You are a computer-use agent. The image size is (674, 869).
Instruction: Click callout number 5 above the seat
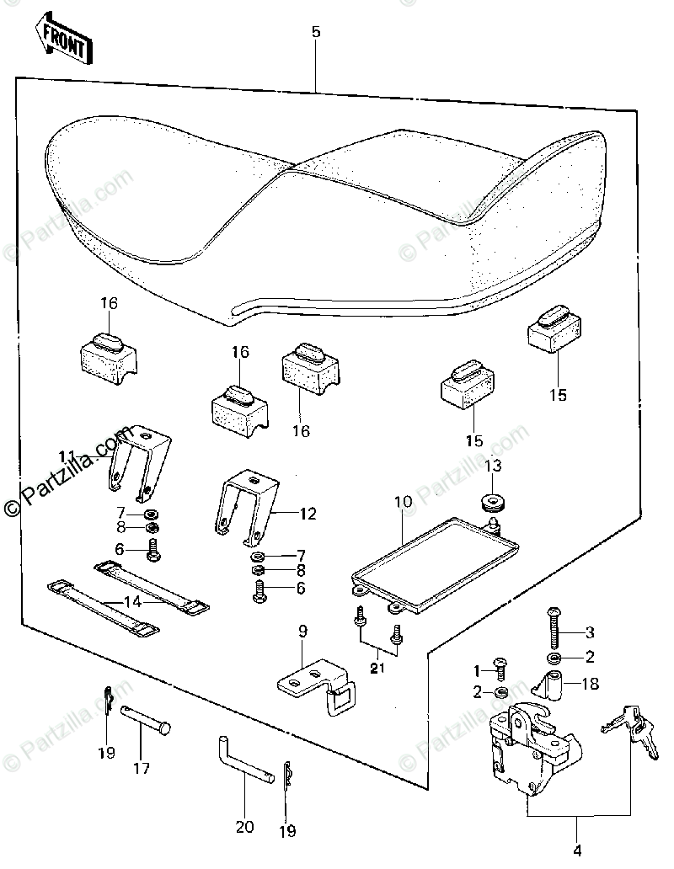point(316,33)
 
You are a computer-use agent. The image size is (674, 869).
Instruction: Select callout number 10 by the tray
point(403,502)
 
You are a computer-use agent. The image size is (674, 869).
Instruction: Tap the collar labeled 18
point(557,684)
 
